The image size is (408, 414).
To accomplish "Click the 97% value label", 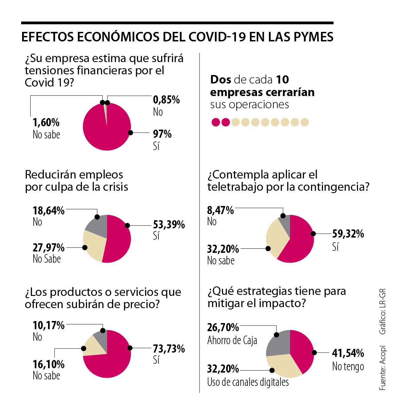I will [162, 134].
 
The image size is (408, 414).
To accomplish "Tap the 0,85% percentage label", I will [166, 100].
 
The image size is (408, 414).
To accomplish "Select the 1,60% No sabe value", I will [46, 122].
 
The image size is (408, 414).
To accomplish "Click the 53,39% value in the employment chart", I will [169, 225].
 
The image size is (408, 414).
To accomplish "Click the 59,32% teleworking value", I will [348, 234].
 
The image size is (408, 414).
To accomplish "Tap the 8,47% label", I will [220, 210].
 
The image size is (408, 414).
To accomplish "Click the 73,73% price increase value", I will [169, 349].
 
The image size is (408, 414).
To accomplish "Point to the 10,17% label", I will [48, 325].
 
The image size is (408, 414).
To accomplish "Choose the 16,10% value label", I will [48, 364].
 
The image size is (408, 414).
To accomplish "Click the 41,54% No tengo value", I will [348, 353].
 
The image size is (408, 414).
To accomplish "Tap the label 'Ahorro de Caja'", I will [232, 340].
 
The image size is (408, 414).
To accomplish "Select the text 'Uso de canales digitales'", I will [248, 382].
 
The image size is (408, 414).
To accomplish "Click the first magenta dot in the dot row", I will [216, 122].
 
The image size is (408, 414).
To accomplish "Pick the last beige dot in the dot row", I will [305, 122].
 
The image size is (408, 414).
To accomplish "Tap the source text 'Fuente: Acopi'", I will [382, 368].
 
